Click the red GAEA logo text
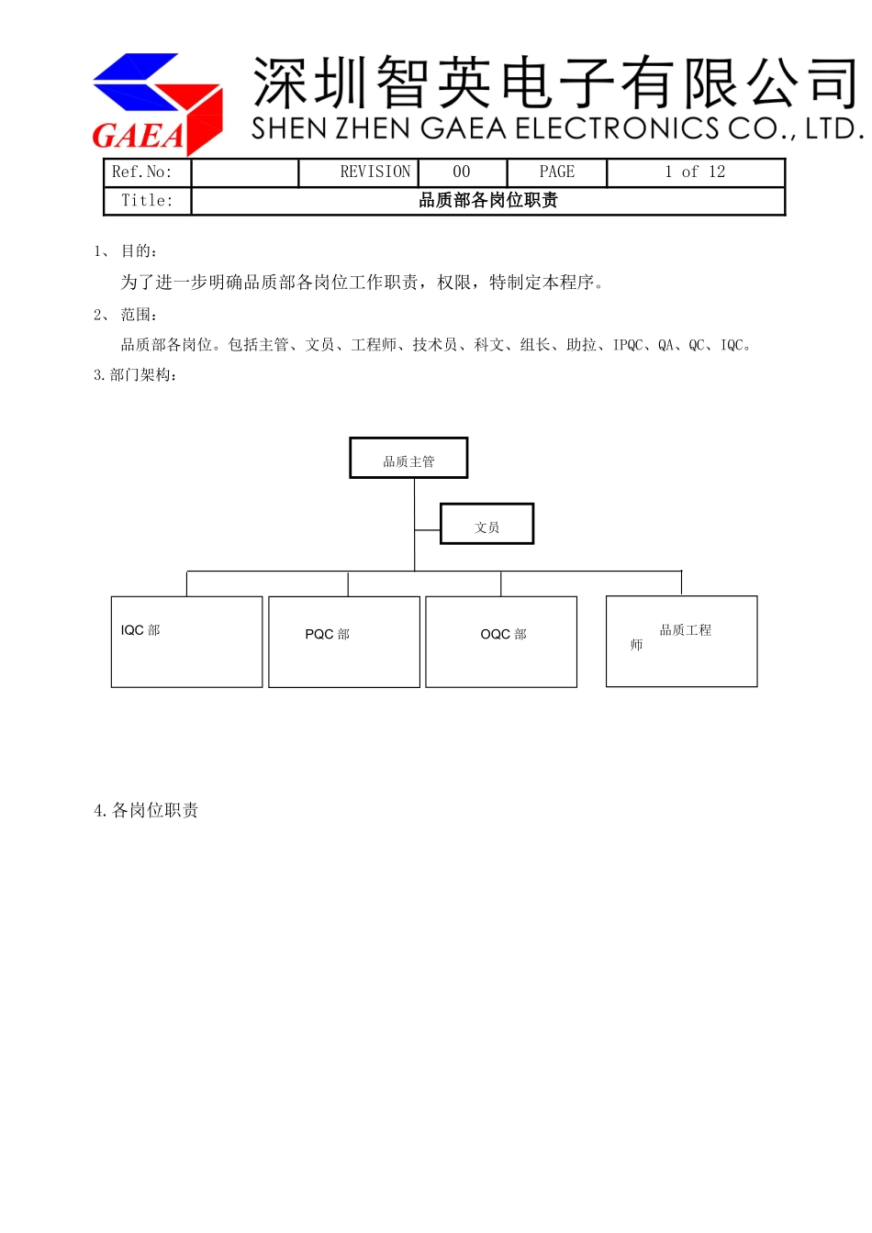138,136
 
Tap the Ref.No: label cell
142,172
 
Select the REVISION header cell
375,172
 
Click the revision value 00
462,172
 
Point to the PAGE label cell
556,172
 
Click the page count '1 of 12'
695,172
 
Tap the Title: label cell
147,201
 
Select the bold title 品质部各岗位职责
487,201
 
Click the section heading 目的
139,251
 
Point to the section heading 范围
139,315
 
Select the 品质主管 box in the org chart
408,459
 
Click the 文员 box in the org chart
486,525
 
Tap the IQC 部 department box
186,641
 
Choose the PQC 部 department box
344,641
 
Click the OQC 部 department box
501,641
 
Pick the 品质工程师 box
681,640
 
